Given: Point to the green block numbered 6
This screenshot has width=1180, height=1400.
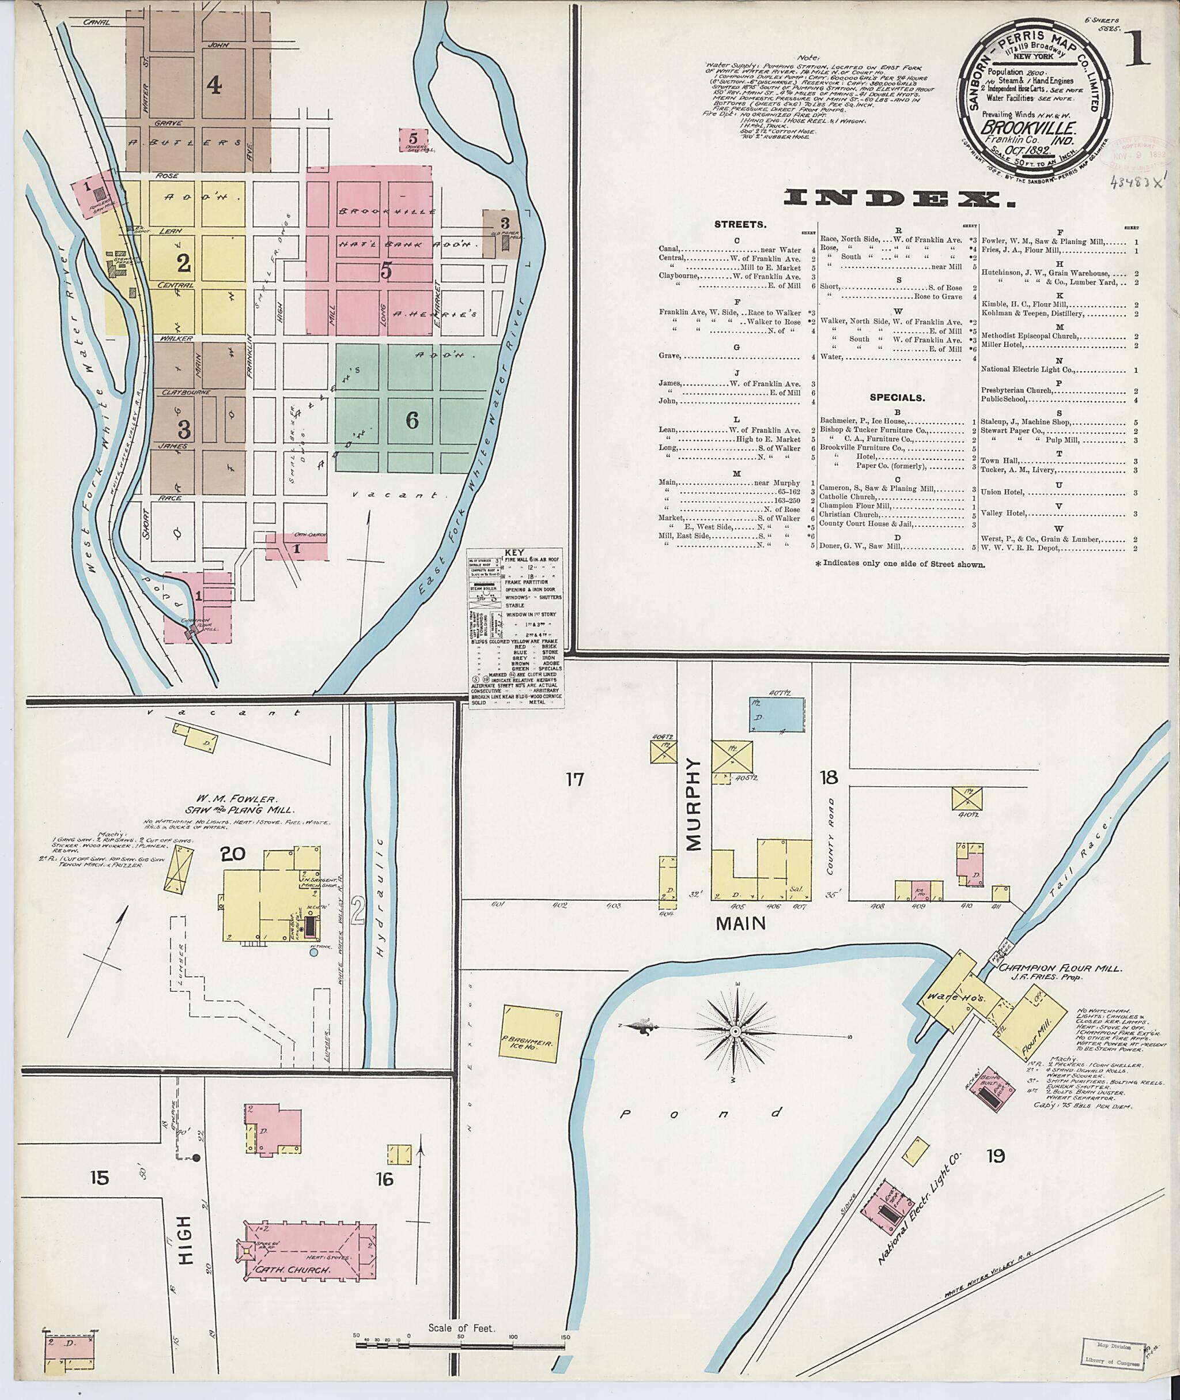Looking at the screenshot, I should pos(412,420).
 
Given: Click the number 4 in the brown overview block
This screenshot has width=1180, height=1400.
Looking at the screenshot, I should pos(213,85).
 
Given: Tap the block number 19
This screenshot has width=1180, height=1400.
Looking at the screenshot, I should pos(996,1156).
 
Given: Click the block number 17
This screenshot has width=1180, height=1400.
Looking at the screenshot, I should pos(574,779).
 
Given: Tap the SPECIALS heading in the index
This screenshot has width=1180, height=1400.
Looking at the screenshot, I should pos(898,398).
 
